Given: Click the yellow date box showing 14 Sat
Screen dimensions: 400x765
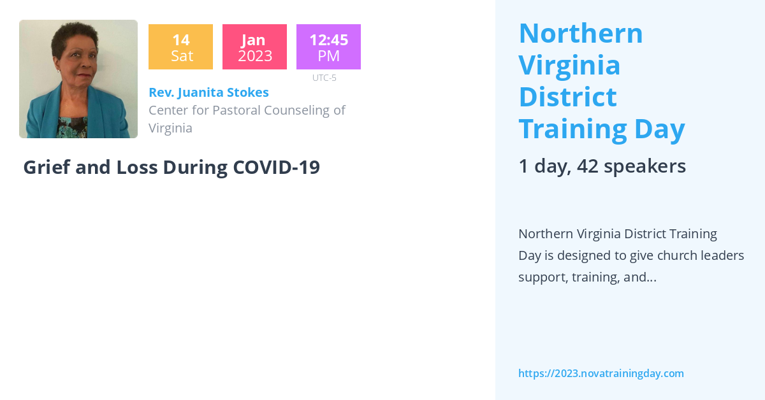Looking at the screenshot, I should pos(180,47).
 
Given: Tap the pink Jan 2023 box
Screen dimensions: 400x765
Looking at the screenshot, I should pos(254,47).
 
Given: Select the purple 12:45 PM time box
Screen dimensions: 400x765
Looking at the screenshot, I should pos(328,47).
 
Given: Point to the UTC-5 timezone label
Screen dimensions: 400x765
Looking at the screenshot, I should pos(324,78).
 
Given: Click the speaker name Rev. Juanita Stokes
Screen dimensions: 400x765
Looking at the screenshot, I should pos(208,92).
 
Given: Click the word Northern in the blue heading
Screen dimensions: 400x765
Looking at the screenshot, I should pos(581,33).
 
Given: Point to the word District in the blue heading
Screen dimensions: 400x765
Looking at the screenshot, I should pos(567,97).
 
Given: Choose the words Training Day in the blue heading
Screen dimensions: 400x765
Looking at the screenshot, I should pos(601,129).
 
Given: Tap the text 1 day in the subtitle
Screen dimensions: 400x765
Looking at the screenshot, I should pos(543,166).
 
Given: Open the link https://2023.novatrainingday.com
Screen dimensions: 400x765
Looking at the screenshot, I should pos(601,373).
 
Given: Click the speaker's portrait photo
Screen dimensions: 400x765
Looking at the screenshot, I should pos(78,79).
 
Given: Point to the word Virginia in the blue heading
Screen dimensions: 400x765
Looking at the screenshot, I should pos(569,65).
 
